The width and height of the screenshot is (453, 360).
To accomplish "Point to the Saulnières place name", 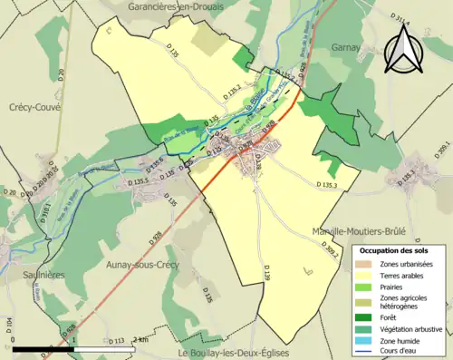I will tap(26, 255).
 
